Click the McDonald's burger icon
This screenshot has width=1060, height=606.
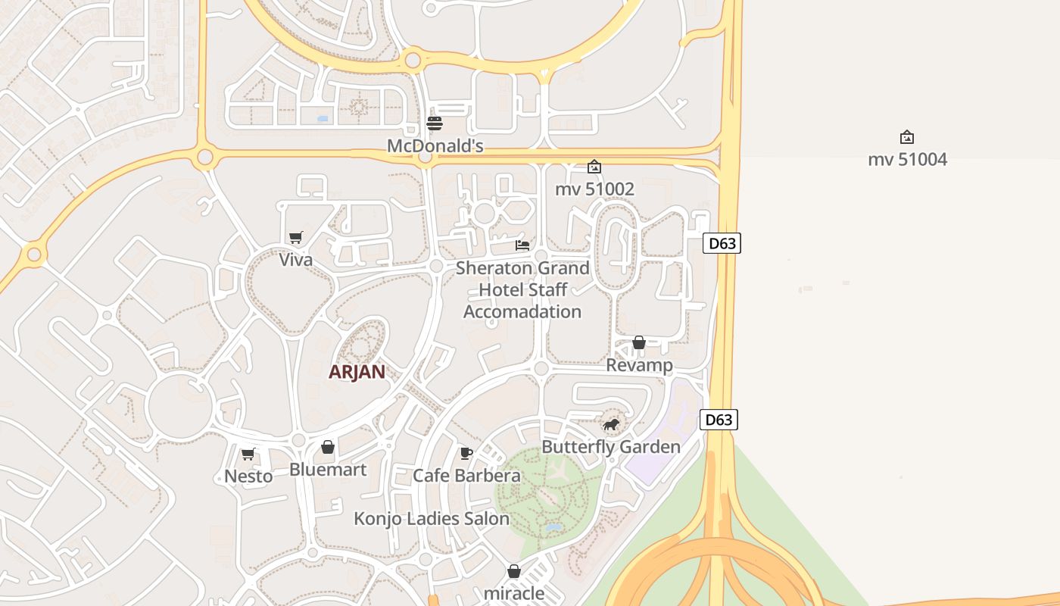tap(435, 123)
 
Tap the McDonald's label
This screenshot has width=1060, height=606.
tap(435, 145)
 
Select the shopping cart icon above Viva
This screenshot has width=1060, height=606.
tap(296, 238)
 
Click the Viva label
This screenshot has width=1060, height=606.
tap(295, 260)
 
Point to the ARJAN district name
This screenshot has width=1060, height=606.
tap(357, 372)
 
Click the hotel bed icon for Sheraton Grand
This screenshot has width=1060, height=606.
tap(522, 245)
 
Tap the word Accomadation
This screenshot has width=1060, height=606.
tap(522, 312)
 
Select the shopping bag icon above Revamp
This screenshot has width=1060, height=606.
tap(639, 343)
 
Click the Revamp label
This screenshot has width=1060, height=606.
tap(640, 366)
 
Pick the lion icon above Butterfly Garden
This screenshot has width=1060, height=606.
tap(611, 424)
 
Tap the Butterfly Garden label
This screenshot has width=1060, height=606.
tap(611, 447)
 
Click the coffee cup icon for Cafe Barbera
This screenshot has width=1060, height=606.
tap(466, 454)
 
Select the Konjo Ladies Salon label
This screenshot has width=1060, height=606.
tap(432, 519)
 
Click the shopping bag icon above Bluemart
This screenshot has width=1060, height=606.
tap(328, 448)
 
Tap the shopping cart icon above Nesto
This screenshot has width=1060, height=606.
tap(248, 454)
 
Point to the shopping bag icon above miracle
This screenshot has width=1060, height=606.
tap(514, 571)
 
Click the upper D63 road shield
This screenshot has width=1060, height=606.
tap(722, 243)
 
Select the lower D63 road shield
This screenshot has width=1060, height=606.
tap(719, 420)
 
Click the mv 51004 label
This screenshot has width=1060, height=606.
tap(907, 160)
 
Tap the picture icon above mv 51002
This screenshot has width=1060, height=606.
tap(594, 167)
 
